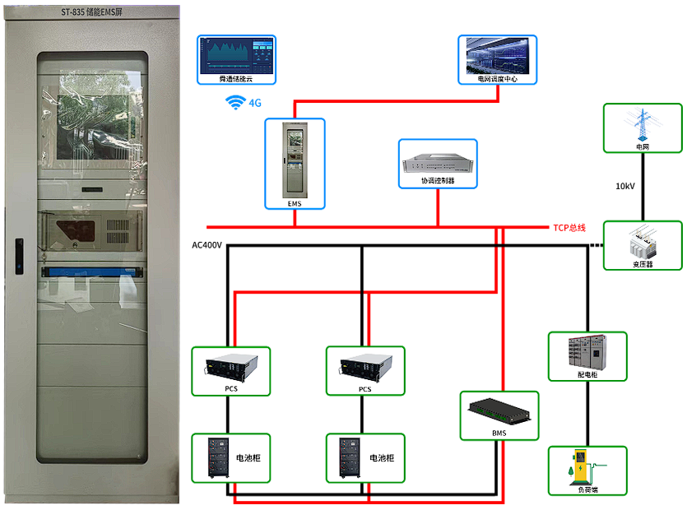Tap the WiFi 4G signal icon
237,103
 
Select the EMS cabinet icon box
295,163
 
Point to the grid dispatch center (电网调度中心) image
497,59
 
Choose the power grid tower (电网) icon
643,128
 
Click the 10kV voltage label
625,186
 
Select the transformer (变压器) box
643,244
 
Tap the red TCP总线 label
569,227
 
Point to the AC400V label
207,245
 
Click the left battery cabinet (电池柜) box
230,457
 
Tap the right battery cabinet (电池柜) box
365,457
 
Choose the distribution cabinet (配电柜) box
587,356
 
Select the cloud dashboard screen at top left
236,59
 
